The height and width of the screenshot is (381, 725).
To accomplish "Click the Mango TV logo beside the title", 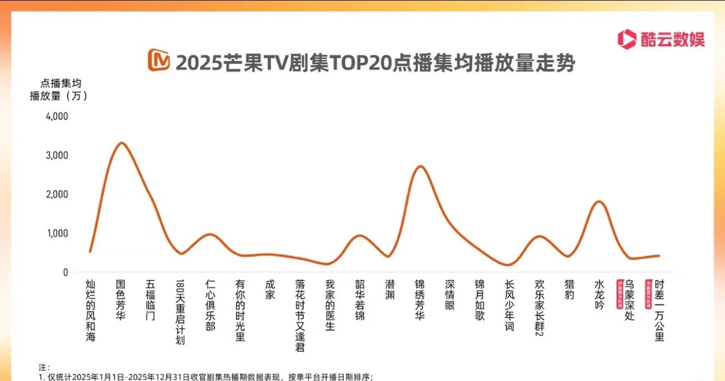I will coord(159,60).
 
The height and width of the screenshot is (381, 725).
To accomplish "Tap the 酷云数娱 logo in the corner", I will coord(661,39).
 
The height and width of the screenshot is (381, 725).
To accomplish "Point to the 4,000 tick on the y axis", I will coord(57,116).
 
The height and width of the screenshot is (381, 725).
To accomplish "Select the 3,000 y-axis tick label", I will coord(57,155).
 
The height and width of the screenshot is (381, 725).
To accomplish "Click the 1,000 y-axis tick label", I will coord(57,233).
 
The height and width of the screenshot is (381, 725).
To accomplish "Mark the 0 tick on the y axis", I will coord(65,272).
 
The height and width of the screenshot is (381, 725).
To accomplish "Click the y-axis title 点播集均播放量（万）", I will coord(58,90).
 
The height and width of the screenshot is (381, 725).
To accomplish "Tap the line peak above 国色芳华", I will coord(121,143).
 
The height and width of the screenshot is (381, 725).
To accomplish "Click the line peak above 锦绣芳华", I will coord(420,166).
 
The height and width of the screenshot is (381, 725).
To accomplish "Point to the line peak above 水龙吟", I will coord(599,202).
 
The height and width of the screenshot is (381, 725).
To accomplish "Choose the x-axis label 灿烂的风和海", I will coord(91,310).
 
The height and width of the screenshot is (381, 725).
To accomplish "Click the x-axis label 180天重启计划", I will coord(180,312).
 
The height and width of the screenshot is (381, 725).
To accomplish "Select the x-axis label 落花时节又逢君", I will coord(300,315).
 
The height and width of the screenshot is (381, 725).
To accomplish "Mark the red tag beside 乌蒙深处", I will coord(620,295).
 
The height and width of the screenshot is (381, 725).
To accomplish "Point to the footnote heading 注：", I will coord(43,367).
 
